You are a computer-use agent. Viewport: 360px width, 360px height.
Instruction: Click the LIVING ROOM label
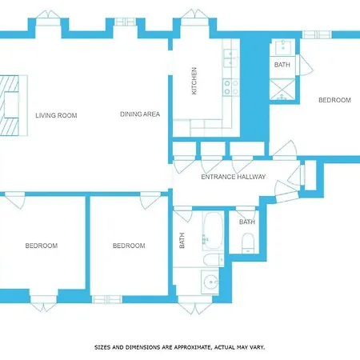[56, 115]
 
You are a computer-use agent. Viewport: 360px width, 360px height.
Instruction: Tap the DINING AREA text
[140, 114]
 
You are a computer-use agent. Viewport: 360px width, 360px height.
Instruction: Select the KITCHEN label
[194, 81]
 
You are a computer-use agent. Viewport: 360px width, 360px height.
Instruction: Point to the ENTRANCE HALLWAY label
[234, 177]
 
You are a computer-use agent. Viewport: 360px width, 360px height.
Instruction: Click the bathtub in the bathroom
[213, 231]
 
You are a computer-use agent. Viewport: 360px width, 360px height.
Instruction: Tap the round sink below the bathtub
[210, 282]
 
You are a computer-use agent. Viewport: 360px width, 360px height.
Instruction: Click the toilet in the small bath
[248, 243]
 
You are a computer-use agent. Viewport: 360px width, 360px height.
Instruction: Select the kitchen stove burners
[231, 87]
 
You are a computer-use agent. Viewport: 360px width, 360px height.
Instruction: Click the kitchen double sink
[230, 58]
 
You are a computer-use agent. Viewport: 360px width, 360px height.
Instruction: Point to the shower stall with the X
[282, 90]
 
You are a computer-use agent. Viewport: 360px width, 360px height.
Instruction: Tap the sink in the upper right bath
[283, 47]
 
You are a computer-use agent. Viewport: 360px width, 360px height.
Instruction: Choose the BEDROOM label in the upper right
[334, 100]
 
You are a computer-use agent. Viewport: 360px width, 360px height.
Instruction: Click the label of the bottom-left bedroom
[42, 246]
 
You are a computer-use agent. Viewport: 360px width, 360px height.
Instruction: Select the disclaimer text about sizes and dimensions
[180, 347]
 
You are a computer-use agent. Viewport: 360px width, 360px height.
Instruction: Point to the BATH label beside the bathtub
[182, 240]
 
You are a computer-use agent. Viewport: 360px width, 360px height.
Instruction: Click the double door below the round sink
[195, 305]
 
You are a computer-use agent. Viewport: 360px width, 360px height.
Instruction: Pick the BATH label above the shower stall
[282, 65]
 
